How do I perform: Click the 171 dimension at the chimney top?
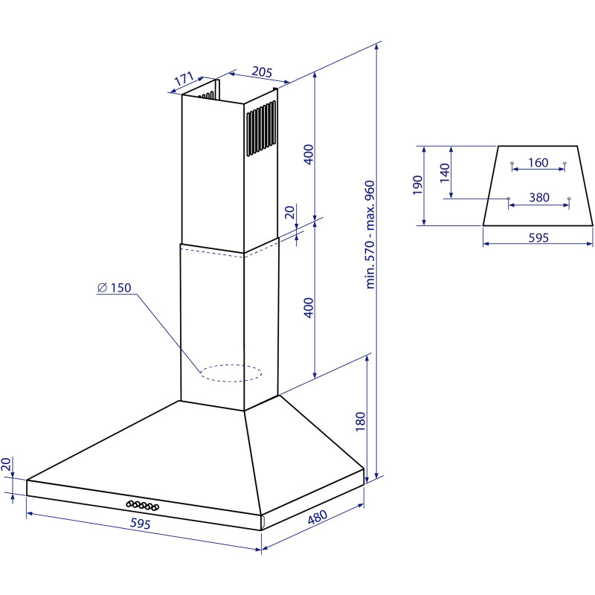pos(184,79)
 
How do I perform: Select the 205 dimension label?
pos(263,71)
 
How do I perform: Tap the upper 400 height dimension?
pos(309,154)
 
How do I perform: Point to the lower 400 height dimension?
pos(309,308)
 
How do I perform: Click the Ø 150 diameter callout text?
pos(115,288)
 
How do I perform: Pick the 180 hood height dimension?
pos(360,421)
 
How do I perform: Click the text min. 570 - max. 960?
pos(370,235)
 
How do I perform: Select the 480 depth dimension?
pos(318,516)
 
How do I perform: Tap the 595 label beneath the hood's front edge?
pos(141,524)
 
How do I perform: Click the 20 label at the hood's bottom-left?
pos(6,464)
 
